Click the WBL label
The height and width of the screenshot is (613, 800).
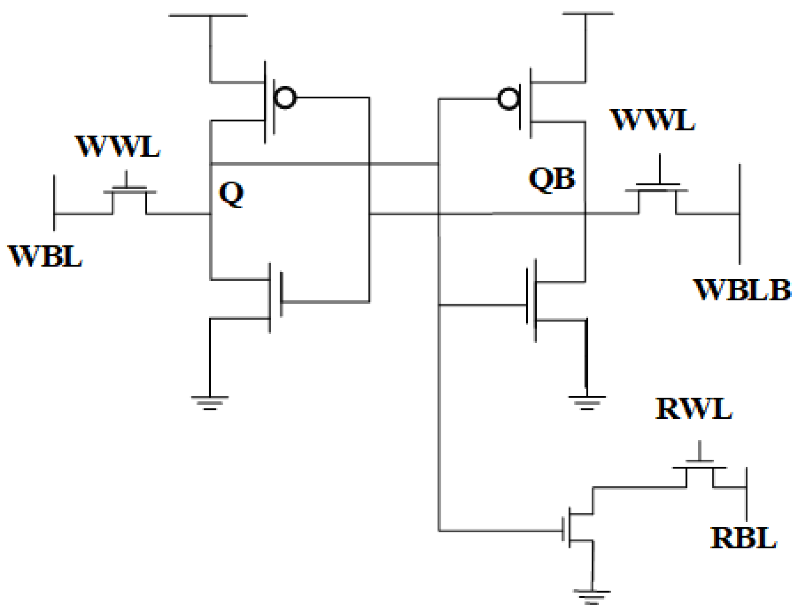[45, 257]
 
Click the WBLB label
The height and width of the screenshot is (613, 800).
[741, 290]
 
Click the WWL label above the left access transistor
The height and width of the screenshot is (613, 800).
[117, 146]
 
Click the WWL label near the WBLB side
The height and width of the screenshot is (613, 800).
[652, 120]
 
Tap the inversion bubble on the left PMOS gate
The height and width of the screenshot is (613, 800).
[285, 97]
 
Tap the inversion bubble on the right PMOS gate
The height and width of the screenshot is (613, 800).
[508, 99]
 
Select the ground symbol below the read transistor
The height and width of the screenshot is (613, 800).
[591, 596]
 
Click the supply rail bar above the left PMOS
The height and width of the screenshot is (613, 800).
[208, 15]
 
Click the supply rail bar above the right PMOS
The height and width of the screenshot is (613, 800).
[587, 13]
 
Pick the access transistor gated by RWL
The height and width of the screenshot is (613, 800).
[699, 468]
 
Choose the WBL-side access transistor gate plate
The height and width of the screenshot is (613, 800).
[129, 189]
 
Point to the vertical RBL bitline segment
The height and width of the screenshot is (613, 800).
[746, 494]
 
